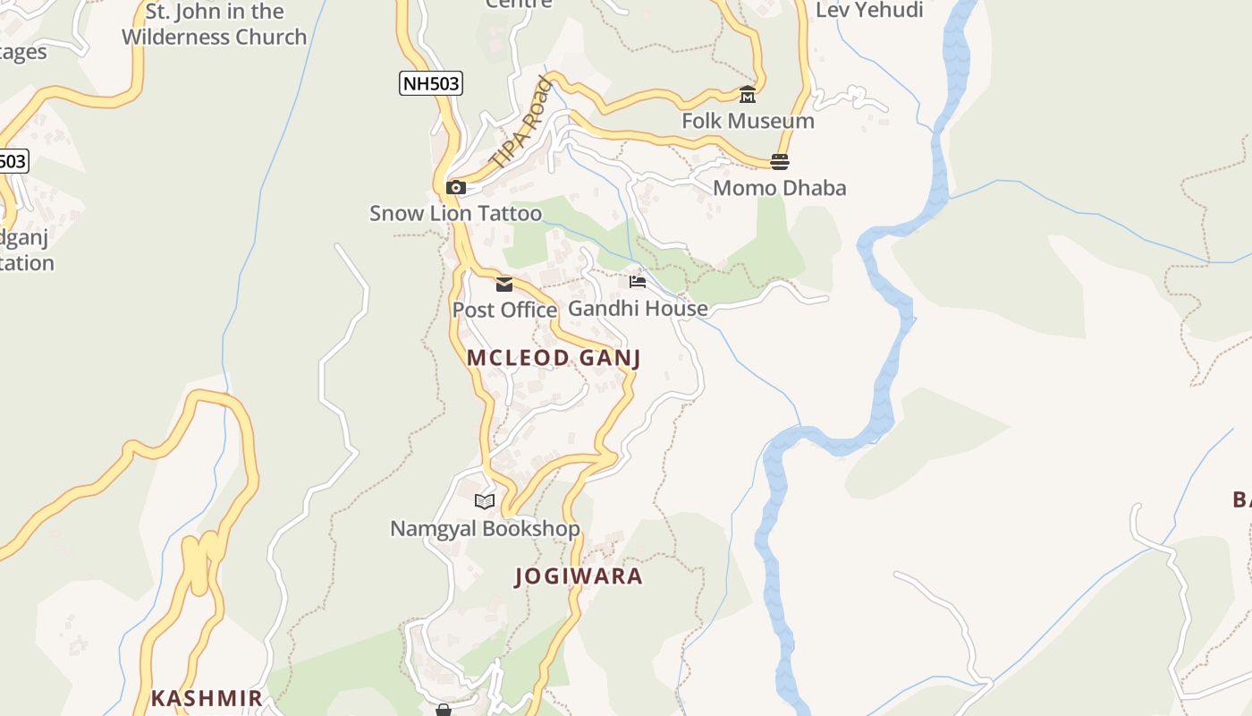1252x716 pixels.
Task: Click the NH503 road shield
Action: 430,84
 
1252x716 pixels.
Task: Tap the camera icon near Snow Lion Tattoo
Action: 456,187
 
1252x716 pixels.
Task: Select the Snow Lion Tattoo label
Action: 455,213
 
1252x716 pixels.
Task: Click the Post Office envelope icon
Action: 504,285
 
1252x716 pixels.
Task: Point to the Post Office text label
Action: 504,310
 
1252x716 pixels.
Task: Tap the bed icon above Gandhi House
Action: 638,282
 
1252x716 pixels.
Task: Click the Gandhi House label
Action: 638,308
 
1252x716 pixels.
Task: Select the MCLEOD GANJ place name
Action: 554,358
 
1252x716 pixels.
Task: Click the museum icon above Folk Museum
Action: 748,95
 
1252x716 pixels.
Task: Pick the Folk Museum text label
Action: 748,121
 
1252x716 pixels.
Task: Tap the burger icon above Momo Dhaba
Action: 780,162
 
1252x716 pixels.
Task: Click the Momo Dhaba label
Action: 779,188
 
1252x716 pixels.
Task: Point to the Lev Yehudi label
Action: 869,11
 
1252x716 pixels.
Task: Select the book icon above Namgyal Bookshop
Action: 485,502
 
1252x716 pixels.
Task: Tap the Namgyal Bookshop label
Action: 485,529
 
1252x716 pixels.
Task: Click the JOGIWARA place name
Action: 579,576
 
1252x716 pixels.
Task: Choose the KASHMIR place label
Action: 207,698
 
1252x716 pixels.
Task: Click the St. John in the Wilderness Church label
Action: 214,25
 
